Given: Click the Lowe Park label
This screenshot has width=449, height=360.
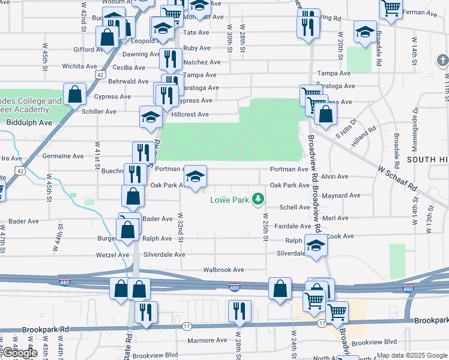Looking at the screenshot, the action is click(229, 200).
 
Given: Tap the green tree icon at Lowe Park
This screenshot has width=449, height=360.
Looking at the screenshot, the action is click(258, 198).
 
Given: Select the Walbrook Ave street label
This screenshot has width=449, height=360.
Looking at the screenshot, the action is click(223, 270).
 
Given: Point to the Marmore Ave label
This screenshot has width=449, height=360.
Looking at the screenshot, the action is click(207, 340).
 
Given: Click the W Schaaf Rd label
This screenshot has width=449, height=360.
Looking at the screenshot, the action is click(397, 178).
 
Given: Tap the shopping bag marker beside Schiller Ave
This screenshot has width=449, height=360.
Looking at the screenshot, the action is click(74, 94).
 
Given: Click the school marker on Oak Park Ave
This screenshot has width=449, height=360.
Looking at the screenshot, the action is click(195, 177).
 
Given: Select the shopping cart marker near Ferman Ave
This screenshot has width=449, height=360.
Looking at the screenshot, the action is click(391, 8).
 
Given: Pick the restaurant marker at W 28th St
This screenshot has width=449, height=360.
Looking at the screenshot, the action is click(239, 311).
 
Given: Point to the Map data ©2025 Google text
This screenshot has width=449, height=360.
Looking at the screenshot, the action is click(412, 356).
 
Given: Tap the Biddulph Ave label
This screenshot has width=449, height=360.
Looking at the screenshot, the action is click(29, 122).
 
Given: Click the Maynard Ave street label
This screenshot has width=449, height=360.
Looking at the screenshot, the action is click(341, 196).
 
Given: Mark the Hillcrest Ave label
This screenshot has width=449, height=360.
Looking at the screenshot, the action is click(190, 115).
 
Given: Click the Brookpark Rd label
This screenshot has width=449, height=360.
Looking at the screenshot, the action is click(46, 329).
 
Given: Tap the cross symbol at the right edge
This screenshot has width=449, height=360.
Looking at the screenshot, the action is click(443, 61).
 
